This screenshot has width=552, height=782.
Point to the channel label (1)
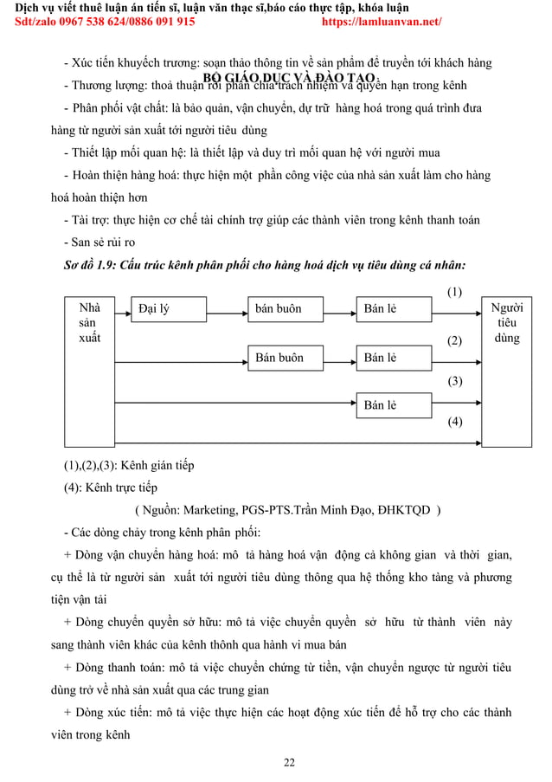coord(454,292)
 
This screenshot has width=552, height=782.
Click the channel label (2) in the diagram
coord(454,341)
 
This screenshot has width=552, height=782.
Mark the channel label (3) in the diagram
coord(454,381)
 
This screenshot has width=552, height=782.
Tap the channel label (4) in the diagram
coord(454,422)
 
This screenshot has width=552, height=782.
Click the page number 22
coord(289,762)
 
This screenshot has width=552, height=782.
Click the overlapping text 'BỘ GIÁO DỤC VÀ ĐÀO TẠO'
coord(289,79)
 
